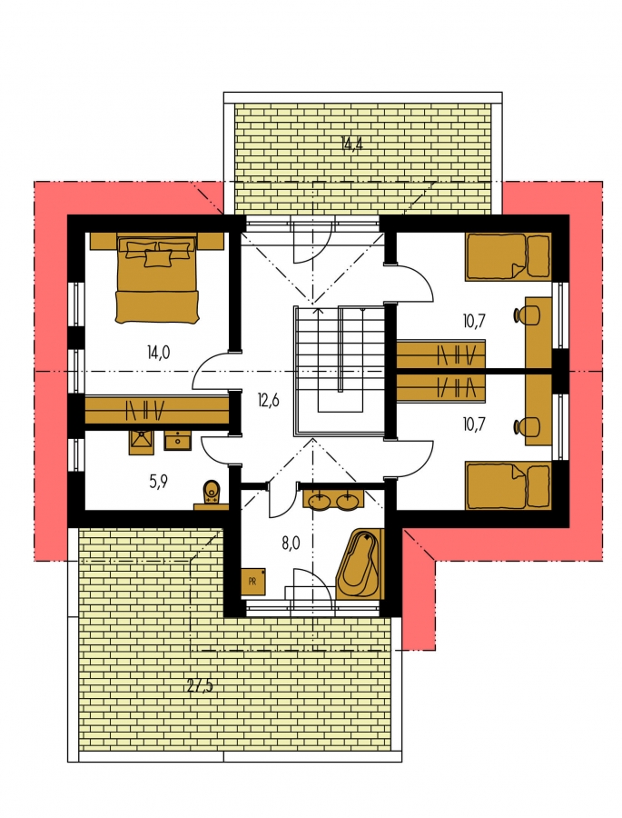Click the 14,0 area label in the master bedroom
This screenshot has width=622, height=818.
pyautogui.click(x=159, y=354)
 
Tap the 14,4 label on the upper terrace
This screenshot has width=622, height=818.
pyautogui.click(x=352, y=144)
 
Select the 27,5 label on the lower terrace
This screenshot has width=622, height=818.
pyautogui.click(x=200, y=686)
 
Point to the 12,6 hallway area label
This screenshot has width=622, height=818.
pyautogui.click(x=269, y=401)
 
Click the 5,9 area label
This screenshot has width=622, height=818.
pyautogui.click(x=158, y=482)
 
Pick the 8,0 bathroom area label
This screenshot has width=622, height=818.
pyautogui.click(x=291, y=544)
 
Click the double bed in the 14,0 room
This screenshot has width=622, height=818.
pyautogui.click(x=156, y=279)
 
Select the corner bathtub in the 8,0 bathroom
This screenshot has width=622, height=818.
pyautogui.click(x=359, y=564)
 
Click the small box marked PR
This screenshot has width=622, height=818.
pyautogui.click(x=252, y=582)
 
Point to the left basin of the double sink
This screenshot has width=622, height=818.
pyautogui.click(x=318, y=502)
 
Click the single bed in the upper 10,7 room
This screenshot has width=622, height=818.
pyautogui.click(x=508, y=256)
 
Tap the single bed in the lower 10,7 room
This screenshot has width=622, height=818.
pyautogui.click(x=508, y=484)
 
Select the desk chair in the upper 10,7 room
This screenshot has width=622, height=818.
pyautogui.click(x=527, y=314)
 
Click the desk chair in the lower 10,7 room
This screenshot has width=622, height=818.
pyautogui.click(x=527, y=426)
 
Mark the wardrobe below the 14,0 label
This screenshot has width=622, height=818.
pyautogui.click(x=157, y=411)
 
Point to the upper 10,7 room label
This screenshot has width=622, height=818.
pyautogui.click(x=473, y=321)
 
